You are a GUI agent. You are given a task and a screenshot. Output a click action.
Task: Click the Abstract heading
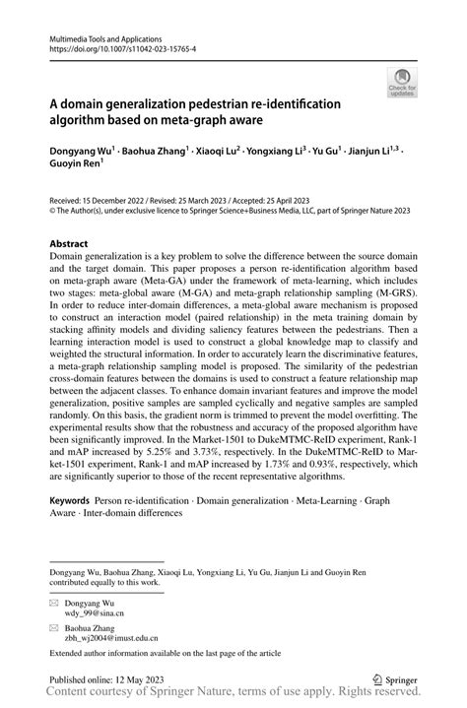[70, 243]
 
